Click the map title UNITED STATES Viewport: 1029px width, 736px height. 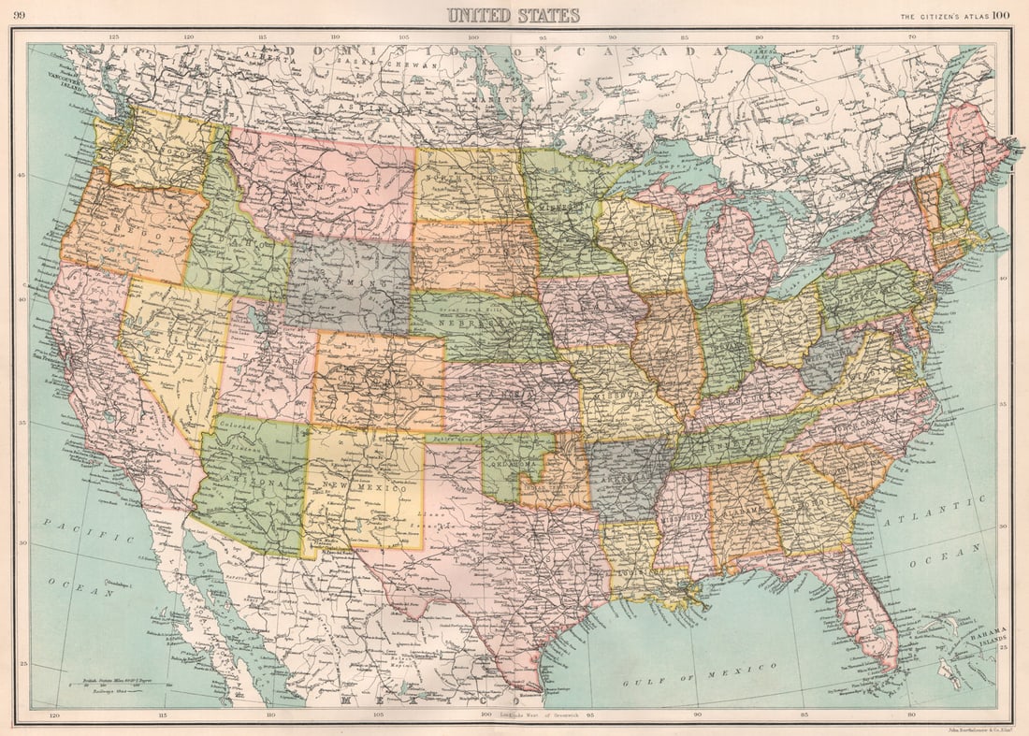[x=513, y=15]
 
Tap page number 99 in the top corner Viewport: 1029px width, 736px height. [x=19, y=14]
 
